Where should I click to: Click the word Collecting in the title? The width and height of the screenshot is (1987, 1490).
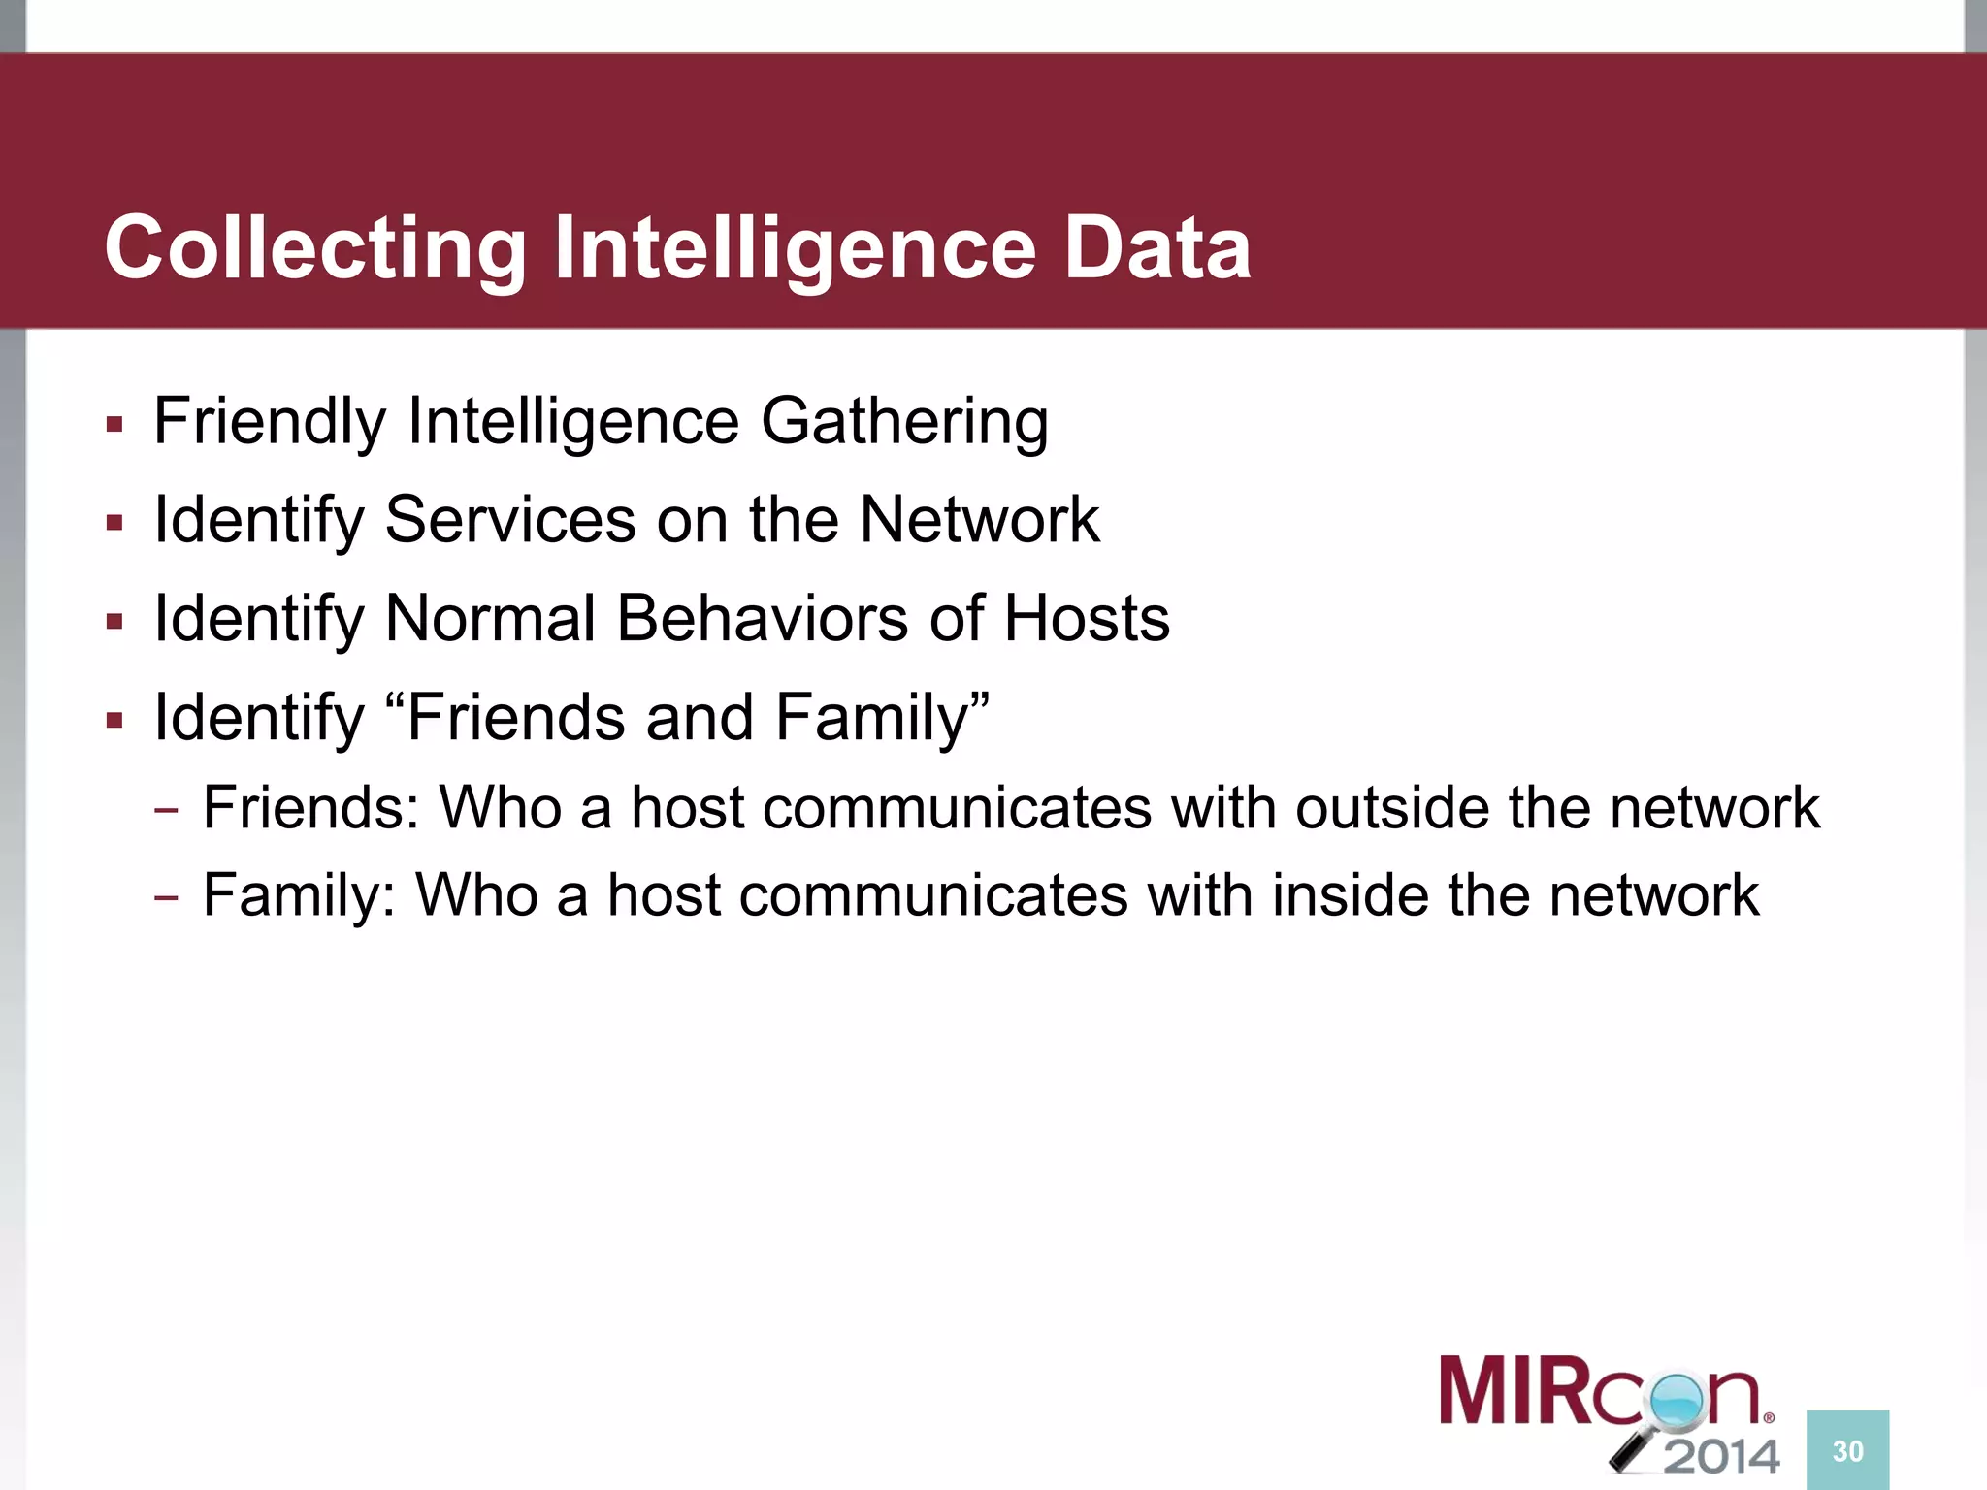(314, 248)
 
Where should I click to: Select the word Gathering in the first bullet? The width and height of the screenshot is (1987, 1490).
(904, 423)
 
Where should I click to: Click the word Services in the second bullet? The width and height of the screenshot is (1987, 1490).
(510, 520)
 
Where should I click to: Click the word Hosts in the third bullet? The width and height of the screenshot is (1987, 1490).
(1087, 619)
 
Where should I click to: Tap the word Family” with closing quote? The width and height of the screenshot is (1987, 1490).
(882, 718)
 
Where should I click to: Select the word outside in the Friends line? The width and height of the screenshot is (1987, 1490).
(1391, 807)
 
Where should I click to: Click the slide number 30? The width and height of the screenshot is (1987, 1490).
(1847, 1451)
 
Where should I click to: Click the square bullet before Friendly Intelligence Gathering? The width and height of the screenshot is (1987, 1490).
(115, 425)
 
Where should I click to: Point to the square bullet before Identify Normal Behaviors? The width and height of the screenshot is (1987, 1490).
(115, 621)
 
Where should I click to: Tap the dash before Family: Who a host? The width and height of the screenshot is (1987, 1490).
(166, 897)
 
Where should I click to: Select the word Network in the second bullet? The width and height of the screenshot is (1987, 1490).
(980, 520)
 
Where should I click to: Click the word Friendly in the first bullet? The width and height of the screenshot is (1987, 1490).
(270, 423)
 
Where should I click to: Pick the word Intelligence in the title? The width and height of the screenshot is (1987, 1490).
(796, 248)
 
